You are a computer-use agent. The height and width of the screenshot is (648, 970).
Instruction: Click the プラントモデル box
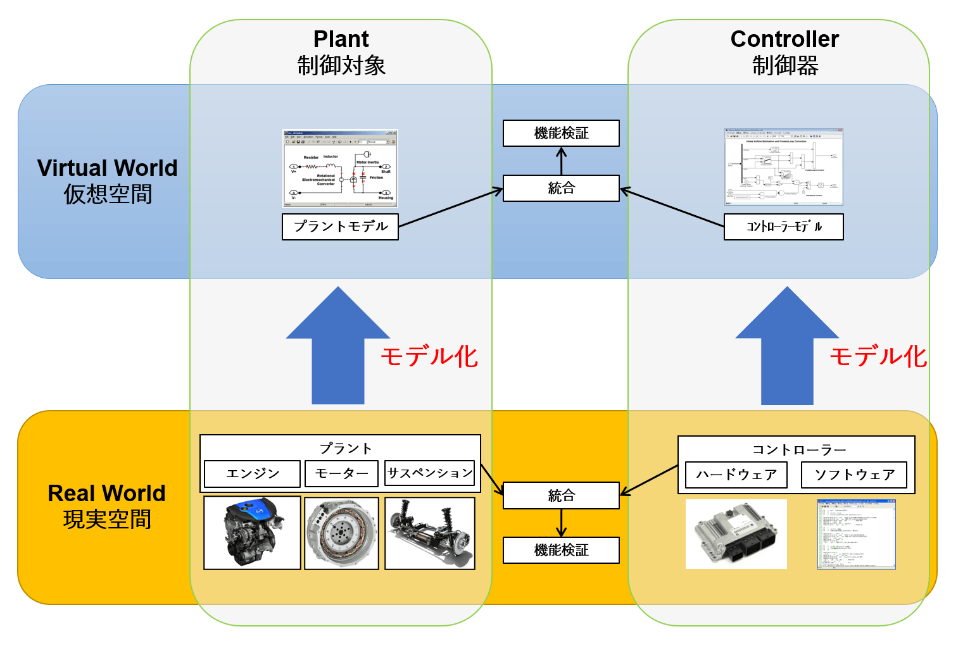point(340,227)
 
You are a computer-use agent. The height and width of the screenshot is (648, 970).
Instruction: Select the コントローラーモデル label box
point(783,227)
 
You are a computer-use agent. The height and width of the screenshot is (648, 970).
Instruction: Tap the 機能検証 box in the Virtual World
point(561,134)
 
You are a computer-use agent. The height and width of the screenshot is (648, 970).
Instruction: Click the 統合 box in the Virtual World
point(561,189)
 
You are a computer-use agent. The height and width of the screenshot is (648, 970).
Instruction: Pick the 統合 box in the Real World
point(561,495)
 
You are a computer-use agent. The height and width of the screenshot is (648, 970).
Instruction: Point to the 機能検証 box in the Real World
point(561,551)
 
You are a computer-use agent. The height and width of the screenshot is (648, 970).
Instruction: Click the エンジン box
point(252,474)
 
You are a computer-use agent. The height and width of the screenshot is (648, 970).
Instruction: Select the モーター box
point(341,474)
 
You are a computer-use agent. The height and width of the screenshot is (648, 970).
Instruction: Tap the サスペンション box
point(429,473)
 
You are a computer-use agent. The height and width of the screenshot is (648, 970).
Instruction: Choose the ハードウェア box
point(736,475)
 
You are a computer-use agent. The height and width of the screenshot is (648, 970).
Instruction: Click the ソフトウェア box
point(853,475)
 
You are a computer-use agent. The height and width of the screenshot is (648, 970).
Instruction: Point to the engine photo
point(252,533)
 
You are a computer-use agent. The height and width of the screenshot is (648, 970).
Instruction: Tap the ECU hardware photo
point(736,534)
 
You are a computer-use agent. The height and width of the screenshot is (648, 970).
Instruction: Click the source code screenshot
point(856,534)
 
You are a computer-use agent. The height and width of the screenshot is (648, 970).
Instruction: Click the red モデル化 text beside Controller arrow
point(878,357)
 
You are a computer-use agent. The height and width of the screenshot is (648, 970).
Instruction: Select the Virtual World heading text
point(107,168)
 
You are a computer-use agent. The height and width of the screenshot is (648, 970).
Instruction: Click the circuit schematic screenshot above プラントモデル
point(340,168)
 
